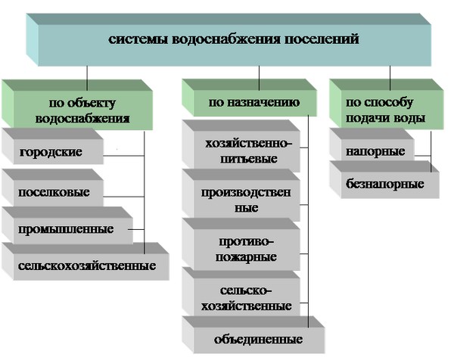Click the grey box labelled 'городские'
click(52, 151)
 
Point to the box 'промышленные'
click(67, 228)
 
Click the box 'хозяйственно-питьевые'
click(241, 151)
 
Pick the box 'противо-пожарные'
click(241, 249)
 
